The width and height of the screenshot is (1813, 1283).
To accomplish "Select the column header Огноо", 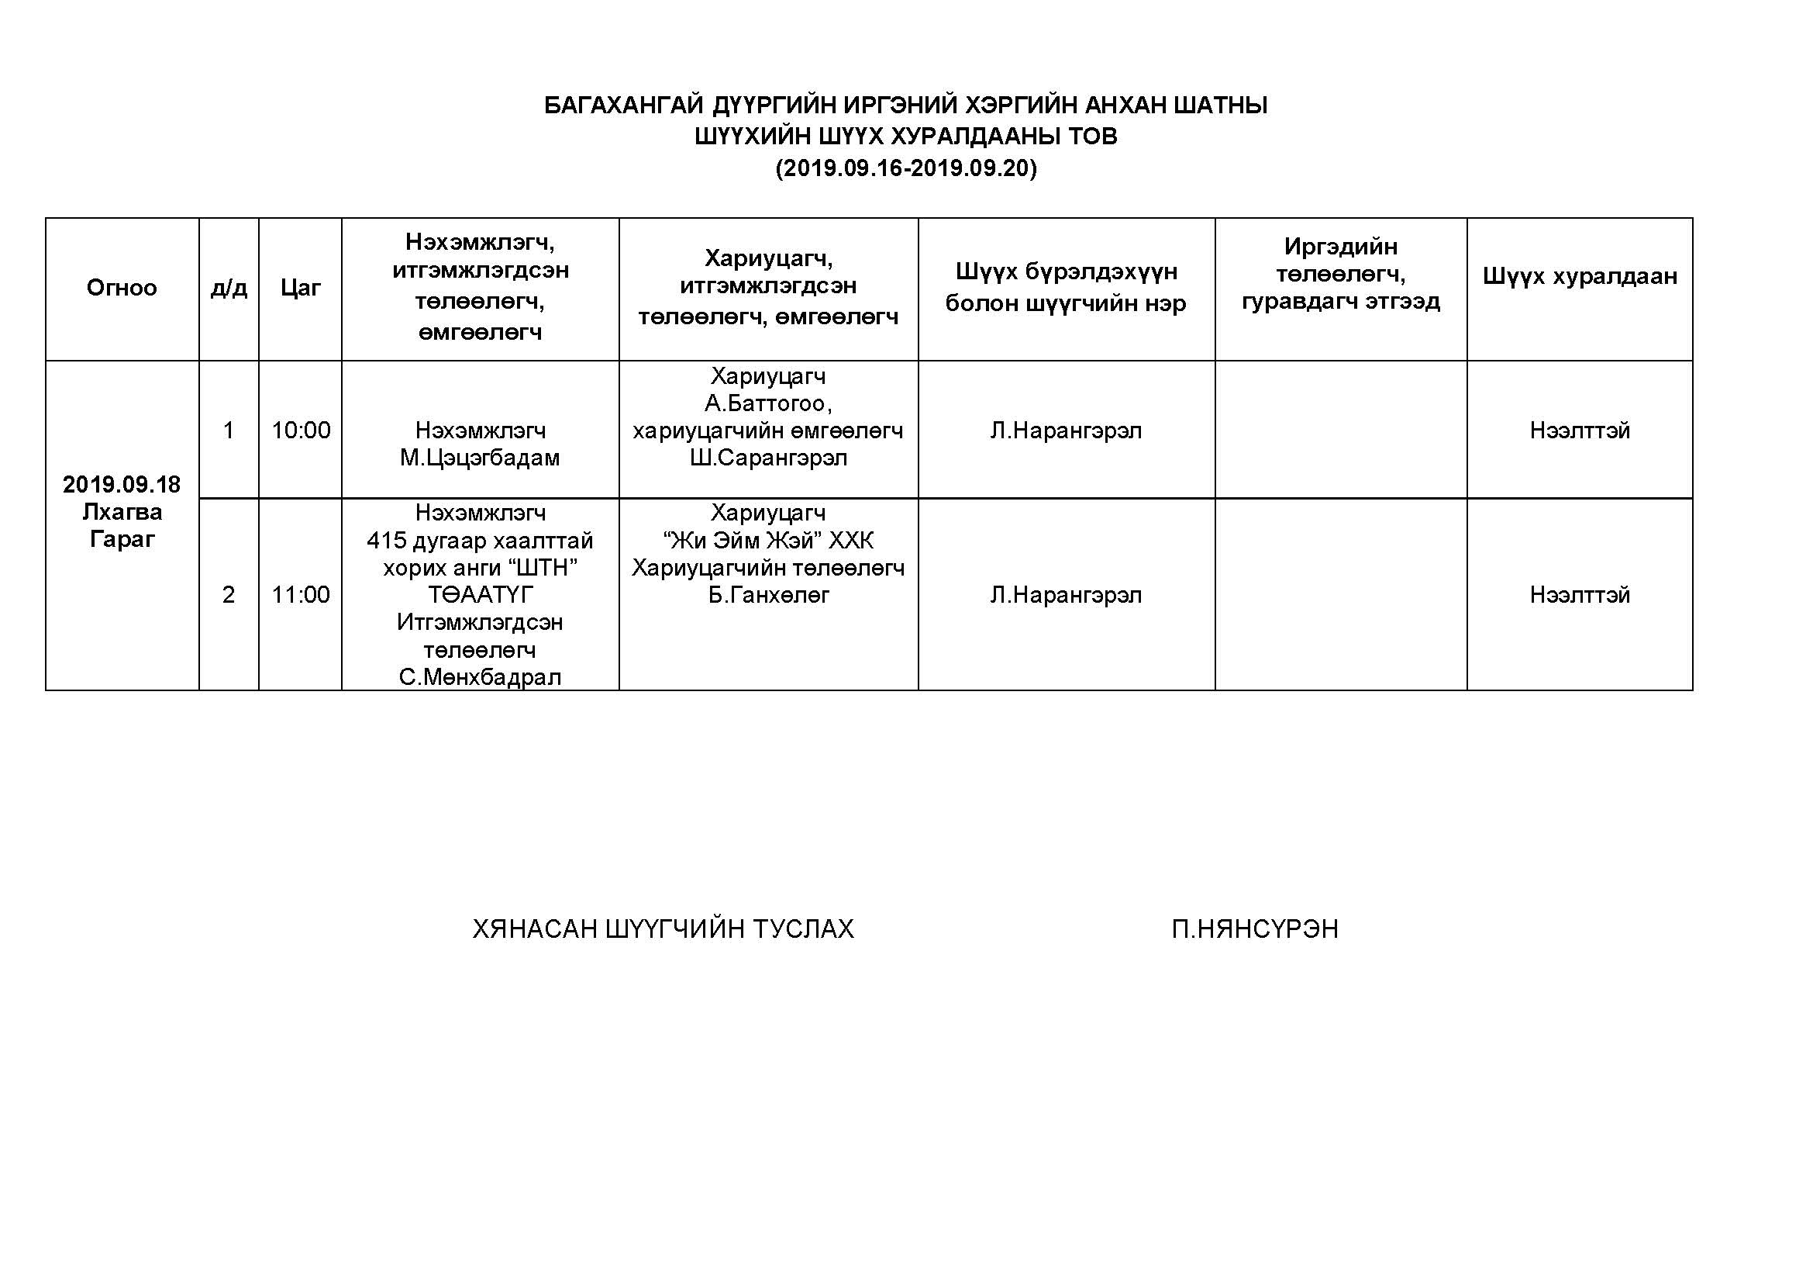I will (x=122, y=288).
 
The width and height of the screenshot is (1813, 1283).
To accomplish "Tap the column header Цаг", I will (x=300, y=288).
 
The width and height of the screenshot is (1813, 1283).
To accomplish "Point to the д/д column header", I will (x=229, y=288).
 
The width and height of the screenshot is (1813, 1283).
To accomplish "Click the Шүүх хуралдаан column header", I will (x=1579, y=276).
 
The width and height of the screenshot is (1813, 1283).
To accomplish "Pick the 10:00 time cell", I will (x=301, y=431).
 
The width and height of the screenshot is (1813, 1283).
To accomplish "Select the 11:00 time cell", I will (x=301, y=594).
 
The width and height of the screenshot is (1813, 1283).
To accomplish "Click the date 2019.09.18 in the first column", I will (x=122, y=484).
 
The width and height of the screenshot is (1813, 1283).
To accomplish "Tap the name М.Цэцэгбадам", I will (x=480, y=458).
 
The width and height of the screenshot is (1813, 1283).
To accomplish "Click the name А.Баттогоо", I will (x=767, y=403).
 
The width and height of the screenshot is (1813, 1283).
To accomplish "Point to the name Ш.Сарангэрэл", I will (x=768, y=458).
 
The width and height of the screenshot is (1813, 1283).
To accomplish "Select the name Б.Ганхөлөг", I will (x=768, y=595).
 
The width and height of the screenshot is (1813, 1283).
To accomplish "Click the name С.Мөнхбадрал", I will (x=480, y=677).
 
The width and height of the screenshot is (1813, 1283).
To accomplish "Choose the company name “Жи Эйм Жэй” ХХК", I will (x=768, y=541).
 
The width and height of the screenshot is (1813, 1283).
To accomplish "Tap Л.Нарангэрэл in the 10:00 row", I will (x=1066, y=431).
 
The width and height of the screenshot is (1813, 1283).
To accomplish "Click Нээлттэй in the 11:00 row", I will (x=1579, y=594).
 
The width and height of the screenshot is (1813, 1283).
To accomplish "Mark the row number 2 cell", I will (x=229, y=594).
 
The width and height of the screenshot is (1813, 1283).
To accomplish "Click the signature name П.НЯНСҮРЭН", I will (x=1255, y=929).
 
